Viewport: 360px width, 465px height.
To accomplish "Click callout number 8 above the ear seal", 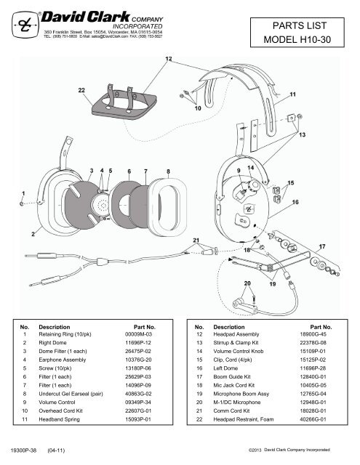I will coord(169,171).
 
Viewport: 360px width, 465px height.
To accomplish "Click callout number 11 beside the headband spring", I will coord(293,94).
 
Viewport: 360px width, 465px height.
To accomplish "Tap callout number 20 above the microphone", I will coord(247,284).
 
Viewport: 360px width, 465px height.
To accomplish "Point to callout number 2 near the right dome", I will coord(33,234).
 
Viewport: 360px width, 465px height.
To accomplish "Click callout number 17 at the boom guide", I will coord(322,247).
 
